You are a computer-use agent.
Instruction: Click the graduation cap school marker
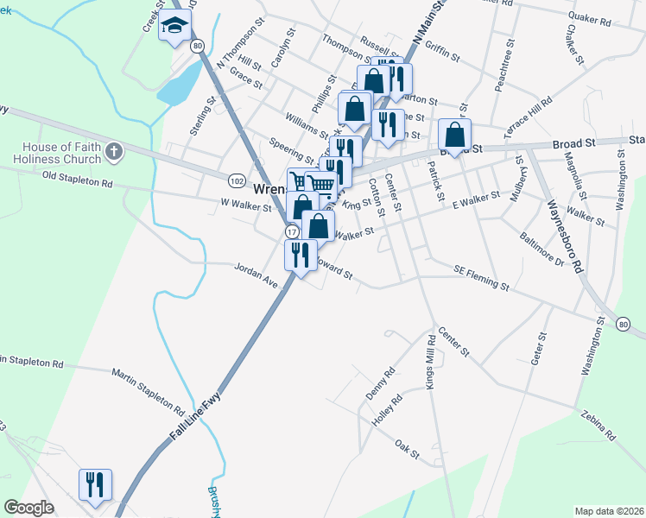(174, 26)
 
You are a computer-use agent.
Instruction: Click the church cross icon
(113, 153)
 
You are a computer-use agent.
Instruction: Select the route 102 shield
(237, 180)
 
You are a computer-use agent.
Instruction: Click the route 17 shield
(291, 232)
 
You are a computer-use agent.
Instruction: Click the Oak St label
(407, 450)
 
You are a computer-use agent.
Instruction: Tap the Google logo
(28, 507)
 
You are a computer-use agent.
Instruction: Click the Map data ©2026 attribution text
(608, 510)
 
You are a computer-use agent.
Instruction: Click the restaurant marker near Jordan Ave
(301, 255)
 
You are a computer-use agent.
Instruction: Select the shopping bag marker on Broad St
(454, 134)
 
